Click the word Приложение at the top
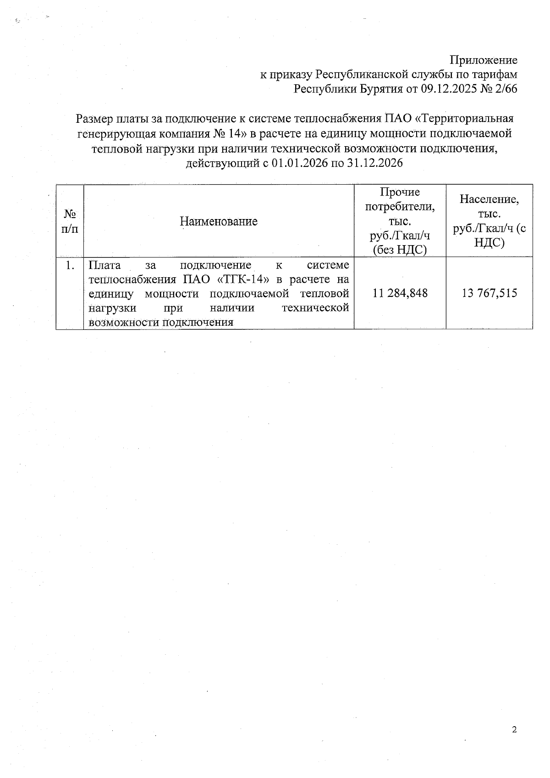coord(483,60)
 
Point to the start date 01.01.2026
coord(297,163)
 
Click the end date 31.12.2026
coord(375,163)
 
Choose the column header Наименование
coord(219,222)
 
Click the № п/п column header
coord(70,221)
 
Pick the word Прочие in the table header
coord(400,192)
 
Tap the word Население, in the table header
coord(489,200)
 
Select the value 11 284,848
coord(400,293)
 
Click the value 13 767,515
coord(489,293)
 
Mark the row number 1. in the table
coord(70,265)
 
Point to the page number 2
coord(514,730)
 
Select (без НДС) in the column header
coord(400,250)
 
